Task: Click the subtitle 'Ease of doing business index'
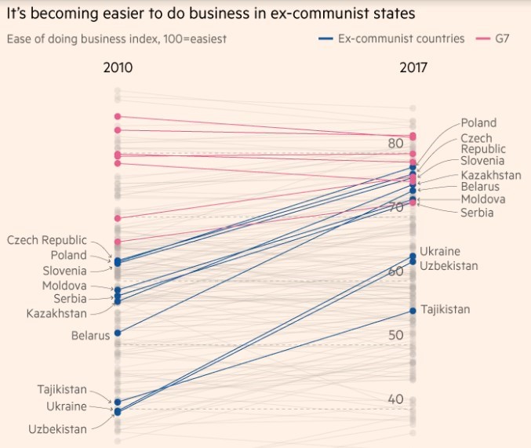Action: point(117,38)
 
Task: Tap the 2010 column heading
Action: point(118,67)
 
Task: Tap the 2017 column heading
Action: point(413,67)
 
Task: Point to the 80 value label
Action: point(395,144)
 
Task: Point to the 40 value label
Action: point(395,399)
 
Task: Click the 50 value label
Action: point(395,335)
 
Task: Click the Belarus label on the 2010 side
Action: point(89,336)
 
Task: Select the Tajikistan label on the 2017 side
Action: point(446,309)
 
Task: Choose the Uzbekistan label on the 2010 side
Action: point(57,429)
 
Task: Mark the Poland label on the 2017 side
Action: point(478,123)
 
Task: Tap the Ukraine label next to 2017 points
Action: point(440,251)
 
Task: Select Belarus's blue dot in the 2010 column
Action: point(118,333)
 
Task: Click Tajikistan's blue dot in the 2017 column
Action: point(413,311)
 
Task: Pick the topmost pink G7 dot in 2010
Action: point(118,117)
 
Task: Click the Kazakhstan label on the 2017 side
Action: point(491,175)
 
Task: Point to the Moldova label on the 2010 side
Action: point(64,286)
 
